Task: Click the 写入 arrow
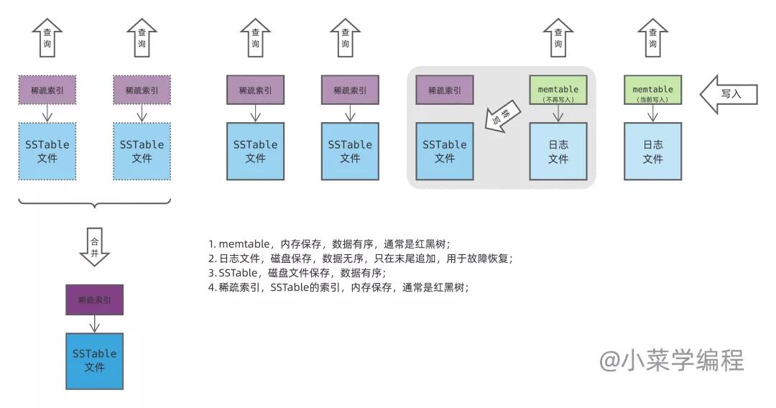click(x=728, y=93)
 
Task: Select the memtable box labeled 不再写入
click(x=558, y=90)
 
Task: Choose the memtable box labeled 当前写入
click(x=652, y=90)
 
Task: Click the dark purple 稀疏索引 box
click(x=94, y=300)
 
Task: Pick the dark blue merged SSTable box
click(x=94, y=361)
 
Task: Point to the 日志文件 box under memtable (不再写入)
click(x=558, y=151)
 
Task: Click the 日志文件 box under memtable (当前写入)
click(x=652, y=151)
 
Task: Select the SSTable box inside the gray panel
click(x=445, y=151)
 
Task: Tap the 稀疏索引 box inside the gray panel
click(x=445, y=90)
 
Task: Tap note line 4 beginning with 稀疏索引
click(x=338, y=287)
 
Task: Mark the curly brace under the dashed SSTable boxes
click(x=94, y=204)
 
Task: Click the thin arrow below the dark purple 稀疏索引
click(x=94, y=324)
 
